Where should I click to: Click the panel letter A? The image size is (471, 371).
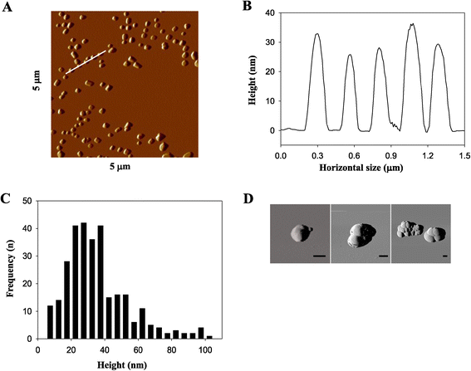pos(7,7)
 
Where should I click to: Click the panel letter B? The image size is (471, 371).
pos(247,6)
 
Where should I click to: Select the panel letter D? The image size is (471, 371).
pos(248,198)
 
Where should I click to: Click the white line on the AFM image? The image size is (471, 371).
pos(86,62)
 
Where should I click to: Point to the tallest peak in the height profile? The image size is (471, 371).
pos(413,24)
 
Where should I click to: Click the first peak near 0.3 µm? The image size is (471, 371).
pos(316,34)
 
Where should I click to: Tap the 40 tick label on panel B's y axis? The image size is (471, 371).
pos(270,13)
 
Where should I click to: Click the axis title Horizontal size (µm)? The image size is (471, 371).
pos(361,168)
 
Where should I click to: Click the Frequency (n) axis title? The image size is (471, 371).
pos(10,269)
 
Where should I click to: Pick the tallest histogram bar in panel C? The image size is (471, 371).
pos(84,281)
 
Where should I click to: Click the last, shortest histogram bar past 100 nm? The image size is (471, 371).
pos(209,337)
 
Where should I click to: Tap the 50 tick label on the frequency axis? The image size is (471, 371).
pos(27,201)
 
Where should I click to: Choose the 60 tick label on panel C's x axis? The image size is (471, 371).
pos(138,350)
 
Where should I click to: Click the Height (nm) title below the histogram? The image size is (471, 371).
pos(122,365)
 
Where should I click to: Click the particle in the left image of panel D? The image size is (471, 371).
pos(301,233)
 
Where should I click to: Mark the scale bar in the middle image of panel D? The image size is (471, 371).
pos(383,256)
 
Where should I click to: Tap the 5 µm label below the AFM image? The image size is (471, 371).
pos(120,166)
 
